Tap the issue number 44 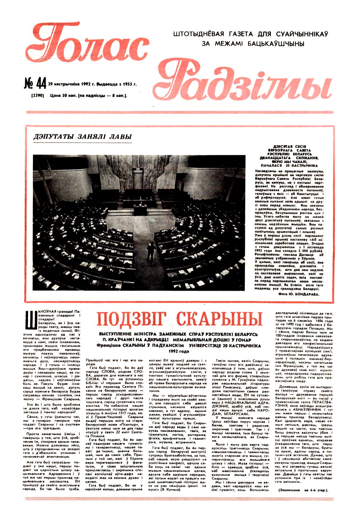click(35, 84)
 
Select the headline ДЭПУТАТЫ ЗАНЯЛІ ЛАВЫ click(82, 137)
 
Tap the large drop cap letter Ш click(30, 322)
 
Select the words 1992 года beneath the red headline click(179, 352)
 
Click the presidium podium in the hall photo click(140, 209)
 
